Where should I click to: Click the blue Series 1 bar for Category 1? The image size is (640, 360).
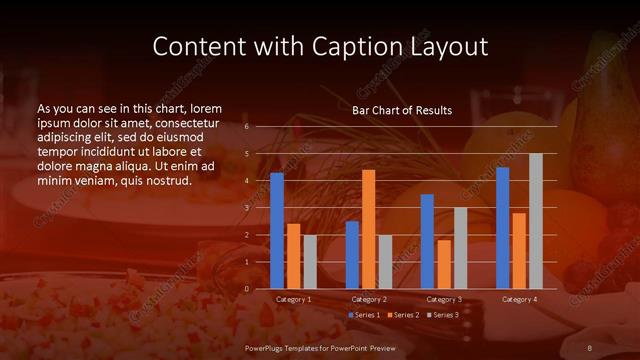pos(277,231)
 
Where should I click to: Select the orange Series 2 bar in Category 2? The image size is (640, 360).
pos(369,229)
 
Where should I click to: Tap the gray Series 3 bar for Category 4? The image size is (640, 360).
pos(536,221)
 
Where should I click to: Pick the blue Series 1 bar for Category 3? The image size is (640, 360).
pos(427,241)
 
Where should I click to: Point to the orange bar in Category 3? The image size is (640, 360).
pos(444,264)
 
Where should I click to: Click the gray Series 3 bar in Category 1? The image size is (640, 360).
pos(310,262)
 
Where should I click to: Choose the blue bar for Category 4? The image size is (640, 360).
pos(503,228)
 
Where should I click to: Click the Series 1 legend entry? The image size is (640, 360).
pos(364,315)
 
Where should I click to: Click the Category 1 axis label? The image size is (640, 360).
pos(294,299)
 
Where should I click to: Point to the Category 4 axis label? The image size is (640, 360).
pos(519,299)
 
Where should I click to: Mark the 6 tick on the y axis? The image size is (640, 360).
pos(247,127)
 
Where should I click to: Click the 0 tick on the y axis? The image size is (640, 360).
pos(247,289)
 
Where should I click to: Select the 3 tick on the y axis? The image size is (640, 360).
pos(247,208)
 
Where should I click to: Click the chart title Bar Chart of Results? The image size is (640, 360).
pos(401,110)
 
